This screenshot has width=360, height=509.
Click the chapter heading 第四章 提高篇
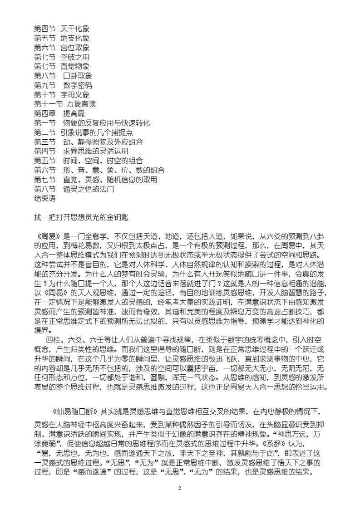(59, 113)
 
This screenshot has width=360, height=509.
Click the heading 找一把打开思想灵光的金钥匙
(81, 217)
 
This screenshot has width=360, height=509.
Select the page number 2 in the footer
(180, 488)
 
